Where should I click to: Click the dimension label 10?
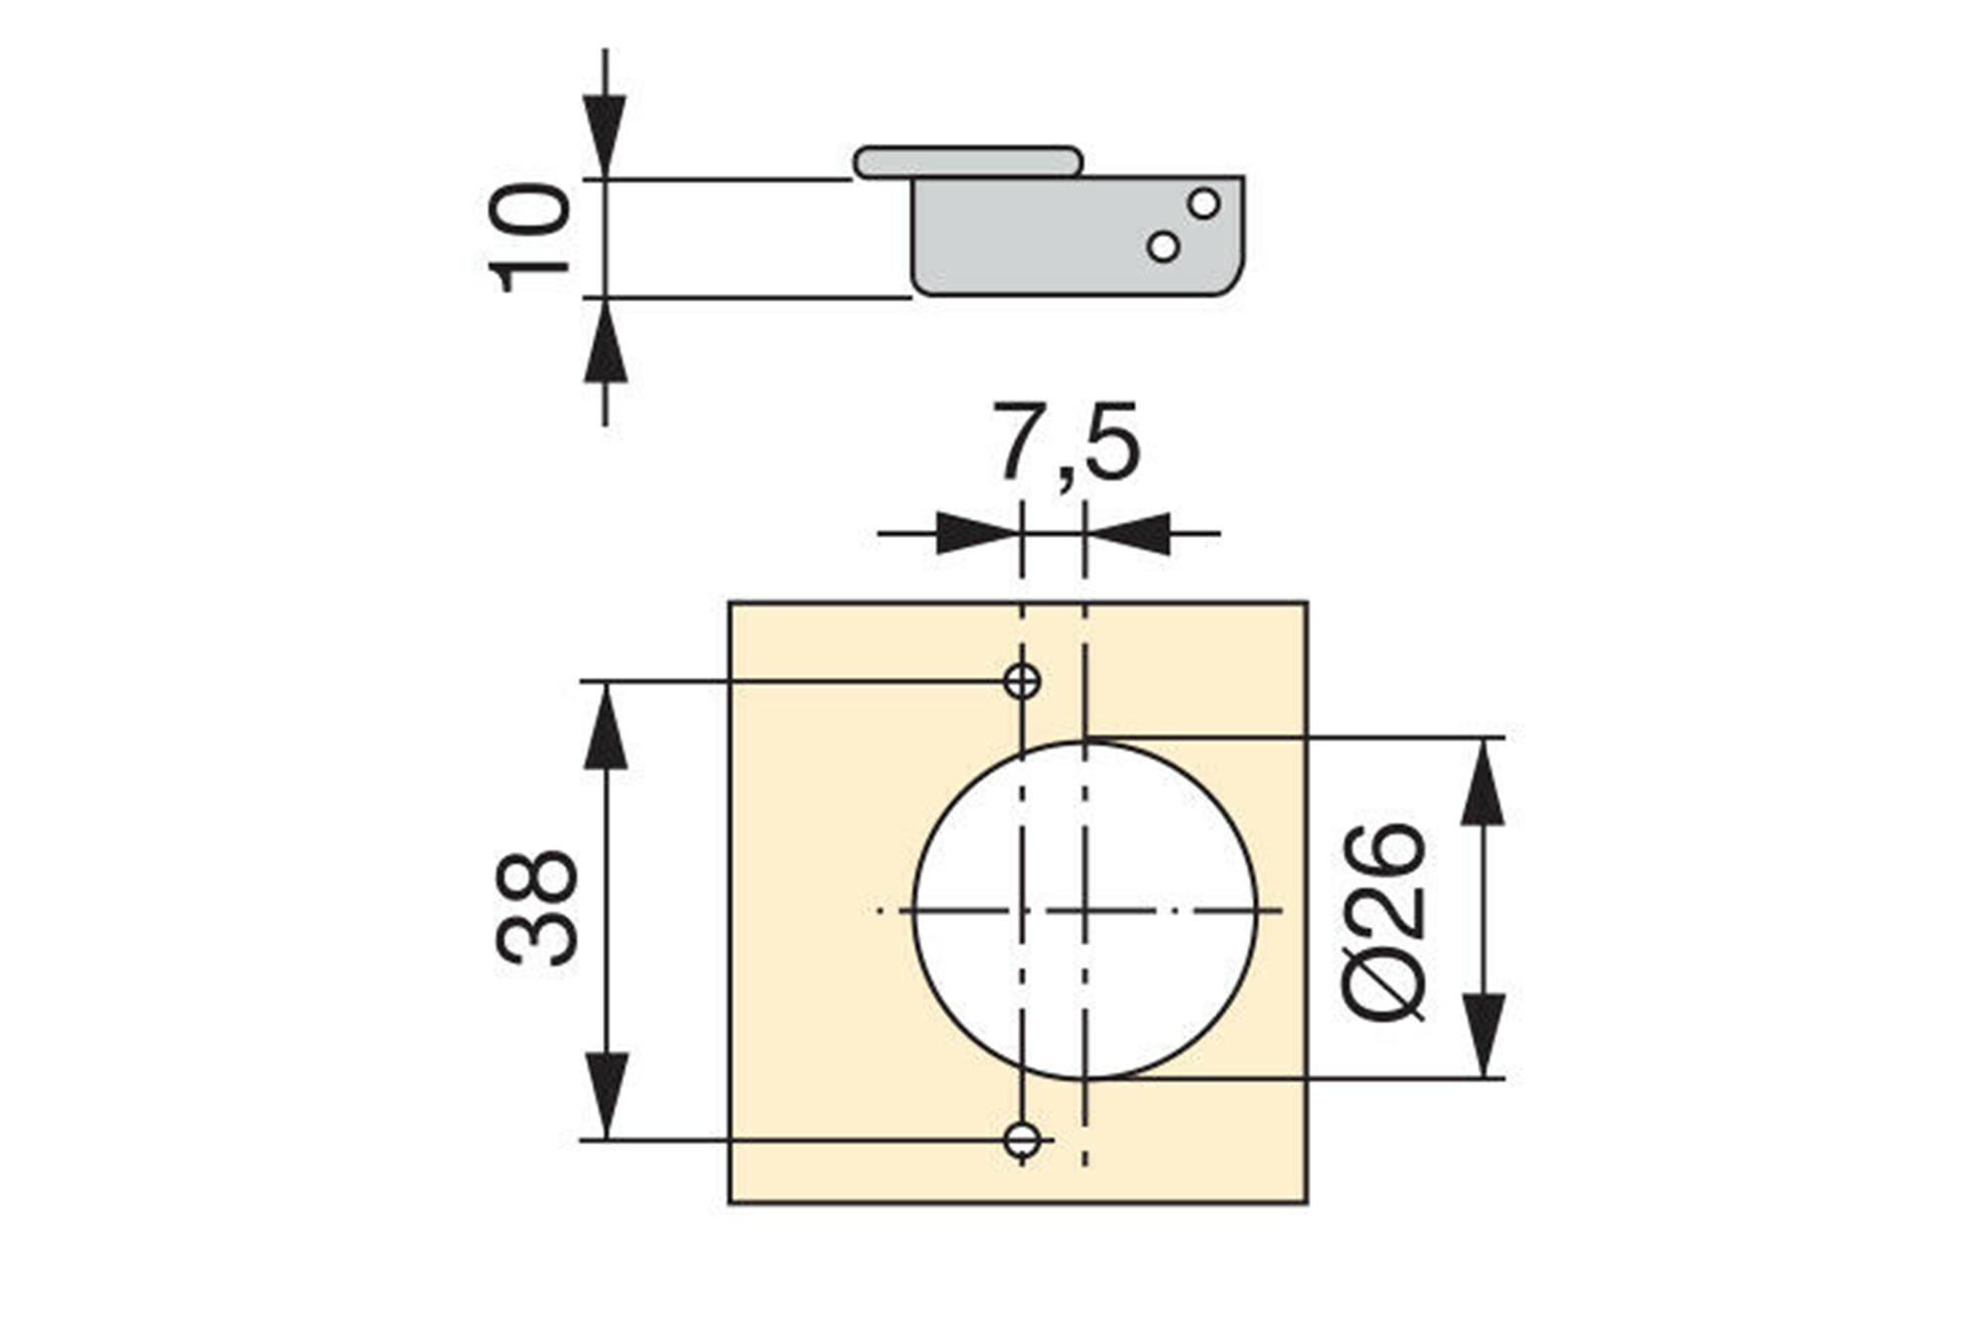tap(530, 237)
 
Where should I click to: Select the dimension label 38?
tap(536, 907)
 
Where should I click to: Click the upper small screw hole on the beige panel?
tap(1022, 681)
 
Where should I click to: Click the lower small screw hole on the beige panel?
tap(1022, 1140)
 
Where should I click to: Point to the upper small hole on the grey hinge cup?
tap(1204, 203)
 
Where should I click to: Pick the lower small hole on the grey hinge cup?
tap(1163, 246)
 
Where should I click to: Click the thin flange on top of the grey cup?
tap(968, 162)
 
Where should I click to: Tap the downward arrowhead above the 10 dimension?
tap(605, 137)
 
